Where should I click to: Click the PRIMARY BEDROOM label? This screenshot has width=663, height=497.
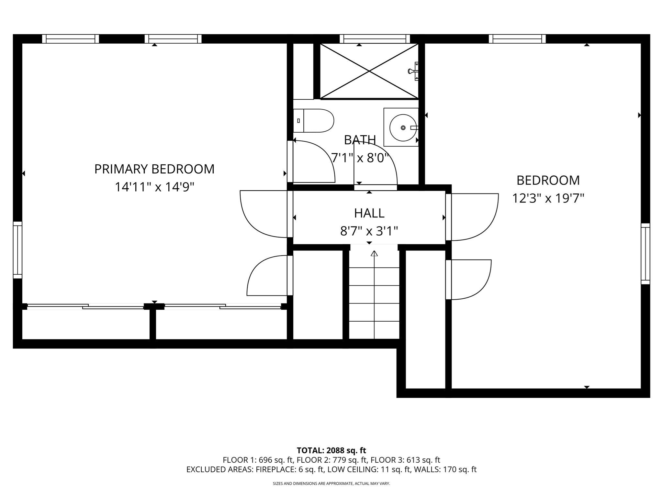tap(154, 169)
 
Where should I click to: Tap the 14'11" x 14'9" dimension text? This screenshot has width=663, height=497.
tap(154, 187)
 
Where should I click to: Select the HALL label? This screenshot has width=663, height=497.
tap(369, 213)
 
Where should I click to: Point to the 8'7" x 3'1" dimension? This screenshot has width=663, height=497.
tap(369, 231)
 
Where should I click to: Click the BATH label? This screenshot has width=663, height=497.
tap(360, 140)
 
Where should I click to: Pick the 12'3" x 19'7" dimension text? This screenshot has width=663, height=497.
tap(548, 198)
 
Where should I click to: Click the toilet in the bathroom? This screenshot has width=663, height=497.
tap(313, 121)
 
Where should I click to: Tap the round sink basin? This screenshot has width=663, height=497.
tap(402, 127)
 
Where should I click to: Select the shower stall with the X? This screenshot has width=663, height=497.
tap(369, 71)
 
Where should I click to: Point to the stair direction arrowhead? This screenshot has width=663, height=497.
tap(374, 253)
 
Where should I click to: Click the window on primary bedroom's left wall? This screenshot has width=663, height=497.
tap(17, 250)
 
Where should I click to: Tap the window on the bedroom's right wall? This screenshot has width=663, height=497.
tap(645, 254)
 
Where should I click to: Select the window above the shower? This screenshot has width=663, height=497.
tap(375, 39)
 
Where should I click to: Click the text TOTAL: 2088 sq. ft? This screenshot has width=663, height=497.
tap(331, 450)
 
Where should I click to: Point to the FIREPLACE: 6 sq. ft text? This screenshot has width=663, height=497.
tap(290, 469)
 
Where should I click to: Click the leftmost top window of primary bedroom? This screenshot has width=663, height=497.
tap(71, 39)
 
